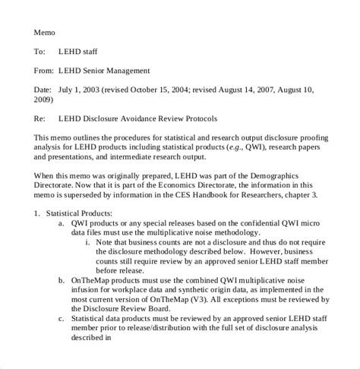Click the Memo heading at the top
pos(44,33)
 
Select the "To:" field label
pos(39,52)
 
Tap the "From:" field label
pos(43,71)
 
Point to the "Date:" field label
pos(43,90)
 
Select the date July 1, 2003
pos(80,90)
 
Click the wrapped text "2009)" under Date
pos(43,99)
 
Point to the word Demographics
pos(292,175)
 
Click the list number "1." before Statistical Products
pos(37,214)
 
